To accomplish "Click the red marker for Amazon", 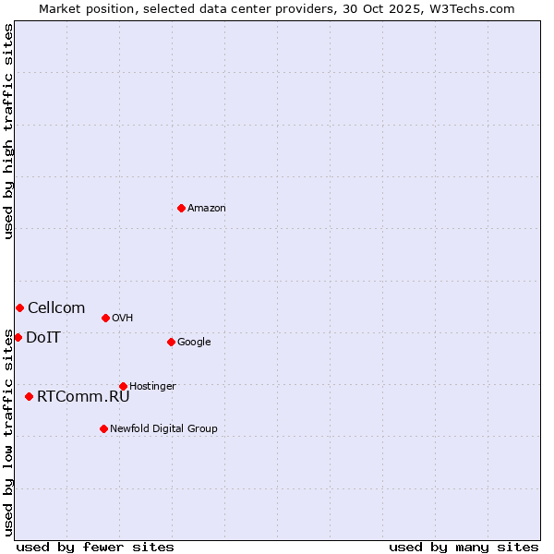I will tap(181, 208).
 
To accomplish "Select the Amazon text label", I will tap(207, 209).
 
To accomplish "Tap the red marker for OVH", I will tap(105, 318).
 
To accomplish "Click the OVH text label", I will tap(123, 319).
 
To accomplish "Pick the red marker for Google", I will tap(171, 342).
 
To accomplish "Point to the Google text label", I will tap(194, 343).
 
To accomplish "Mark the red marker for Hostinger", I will tap(123, 386).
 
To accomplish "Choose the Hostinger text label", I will tap(152, 387).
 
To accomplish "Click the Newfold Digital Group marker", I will tap(103, 428).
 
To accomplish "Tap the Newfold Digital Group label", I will tap(163, 429).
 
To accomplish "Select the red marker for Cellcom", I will tap(19, 307).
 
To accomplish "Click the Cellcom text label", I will tap(56, 308).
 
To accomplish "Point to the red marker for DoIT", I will tap(18, 337).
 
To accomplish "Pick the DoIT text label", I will tap(43, 338).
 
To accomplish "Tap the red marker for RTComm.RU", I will tap(29, 396).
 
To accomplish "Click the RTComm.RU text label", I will tap(83, 397).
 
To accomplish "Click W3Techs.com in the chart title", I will tap(473, 9).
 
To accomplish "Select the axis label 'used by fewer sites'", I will tap(95, 547).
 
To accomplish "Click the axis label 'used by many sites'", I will tap(464, 547).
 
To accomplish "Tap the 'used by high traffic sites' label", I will tap(9, 131).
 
